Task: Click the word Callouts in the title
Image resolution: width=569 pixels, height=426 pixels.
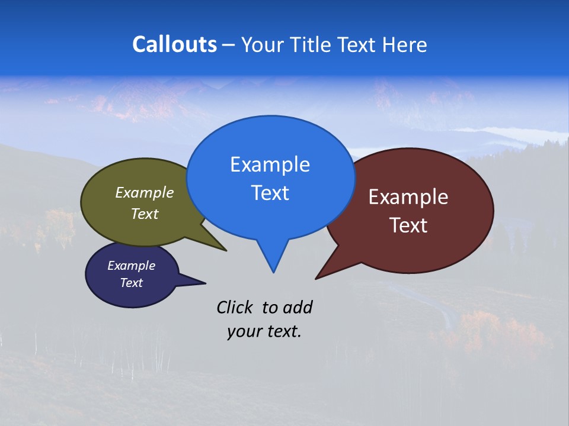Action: tap(174, 44)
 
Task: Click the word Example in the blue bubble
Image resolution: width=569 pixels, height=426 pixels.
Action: tap(270, 164)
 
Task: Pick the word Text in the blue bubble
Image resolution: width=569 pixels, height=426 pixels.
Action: tap(270, 193)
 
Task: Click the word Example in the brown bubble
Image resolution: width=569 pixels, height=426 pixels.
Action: tap(408, 197)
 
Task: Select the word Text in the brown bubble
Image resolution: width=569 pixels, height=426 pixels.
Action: tap(408, 225)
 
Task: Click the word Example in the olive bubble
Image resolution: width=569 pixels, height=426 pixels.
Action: tap(145, 193)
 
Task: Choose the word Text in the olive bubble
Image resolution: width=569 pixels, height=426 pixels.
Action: tap(145, 214)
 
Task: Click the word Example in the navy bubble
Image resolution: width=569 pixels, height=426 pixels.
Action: tap(131, 266)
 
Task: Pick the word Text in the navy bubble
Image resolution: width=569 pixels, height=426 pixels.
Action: tap(131, 283)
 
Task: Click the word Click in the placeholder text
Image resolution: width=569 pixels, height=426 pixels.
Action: tap(235, 307)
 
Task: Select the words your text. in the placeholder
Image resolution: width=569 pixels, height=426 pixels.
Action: tap(264, 332)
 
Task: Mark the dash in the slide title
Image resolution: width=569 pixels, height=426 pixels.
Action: tap(229, 45)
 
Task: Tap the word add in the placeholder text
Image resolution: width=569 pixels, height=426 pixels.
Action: tap(298, 307)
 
